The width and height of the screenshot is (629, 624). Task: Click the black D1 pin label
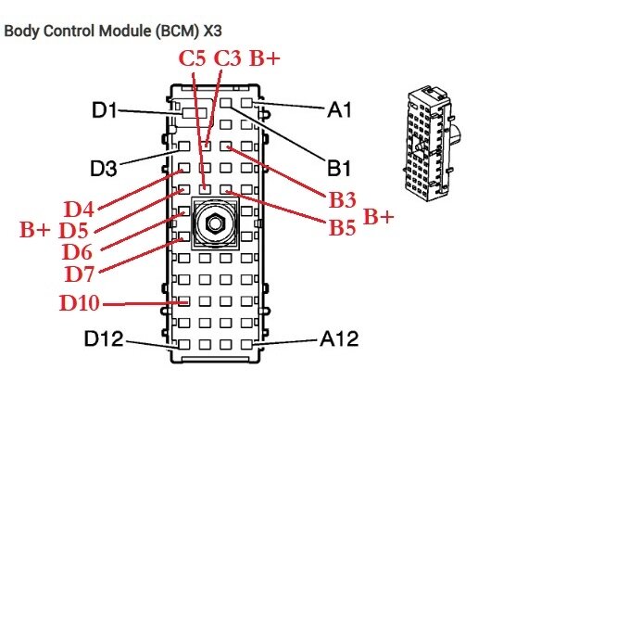pyautogui.click(x=104, y=110)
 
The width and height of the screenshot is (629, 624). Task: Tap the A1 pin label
pyautogui.click(x=340, y=110)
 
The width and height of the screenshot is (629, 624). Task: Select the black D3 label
pyautogui.click(x=104, y=169)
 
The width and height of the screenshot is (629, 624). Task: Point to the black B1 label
pyautogui.click(x=340, y=169)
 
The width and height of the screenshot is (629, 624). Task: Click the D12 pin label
pyautogui.click(x=104, y=339)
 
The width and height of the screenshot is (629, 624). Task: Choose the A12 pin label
pyautogui.click(x=340, y=339)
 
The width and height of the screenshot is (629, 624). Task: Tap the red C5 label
pyautogui.click(x=193, y=58)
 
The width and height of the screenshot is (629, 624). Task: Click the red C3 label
pyautogui.click(x=228, y=58)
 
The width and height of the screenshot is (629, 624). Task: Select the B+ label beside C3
pyautogui.click(x=265, y=58)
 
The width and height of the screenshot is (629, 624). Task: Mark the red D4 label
pyautogui.click(x=79, y=207)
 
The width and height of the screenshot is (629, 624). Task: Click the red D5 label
pyautogui.click(x=74, y=230)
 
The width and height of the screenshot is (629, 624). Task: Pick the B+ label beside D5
pyautogui.click(x=35, y=230)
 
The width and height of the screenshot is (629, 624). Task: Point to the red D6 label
pyautogui.click(x=79, y=251)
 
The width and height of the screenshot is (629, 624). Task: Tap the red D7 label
pyautogui.click(x=81, y=274)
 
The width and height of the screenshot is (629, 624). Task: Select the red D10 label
pyautogui.click(x=81, y=303)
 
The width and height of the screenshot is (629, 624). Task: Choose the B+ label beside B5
pyautogui.click(x=378, y=217)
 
